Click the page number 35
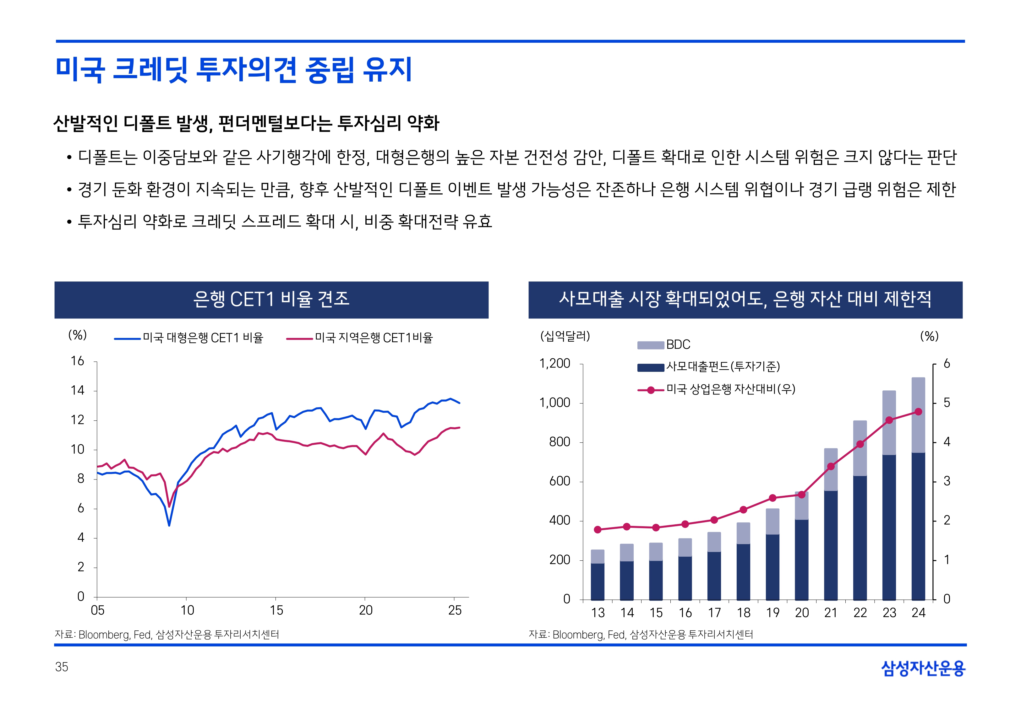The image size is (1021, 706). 62,667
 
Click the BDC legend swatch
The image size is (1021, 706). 650,345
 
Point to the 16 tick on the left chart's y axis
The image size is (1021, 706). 78,361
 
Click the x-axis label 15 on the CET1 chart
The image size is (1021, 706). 276,610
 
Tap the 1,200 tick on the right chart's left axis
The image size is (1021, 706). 555,364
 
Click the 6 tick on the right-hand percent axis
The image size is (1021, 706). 947,364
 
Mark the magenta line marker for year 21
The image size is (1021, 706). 831,466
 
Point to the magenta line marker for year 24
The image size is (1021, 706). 918,412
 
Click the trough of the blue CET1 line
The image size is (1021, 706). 169,525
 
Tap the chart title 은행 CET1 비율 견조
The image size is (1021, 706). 271,299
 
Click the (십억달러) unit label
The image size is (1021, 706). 565,336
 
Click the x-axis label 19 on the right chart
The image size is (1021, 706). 773,613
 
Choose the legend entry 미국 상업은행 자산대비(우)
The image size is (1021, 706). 730,389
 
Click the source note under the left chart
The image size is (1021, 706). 167,634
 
